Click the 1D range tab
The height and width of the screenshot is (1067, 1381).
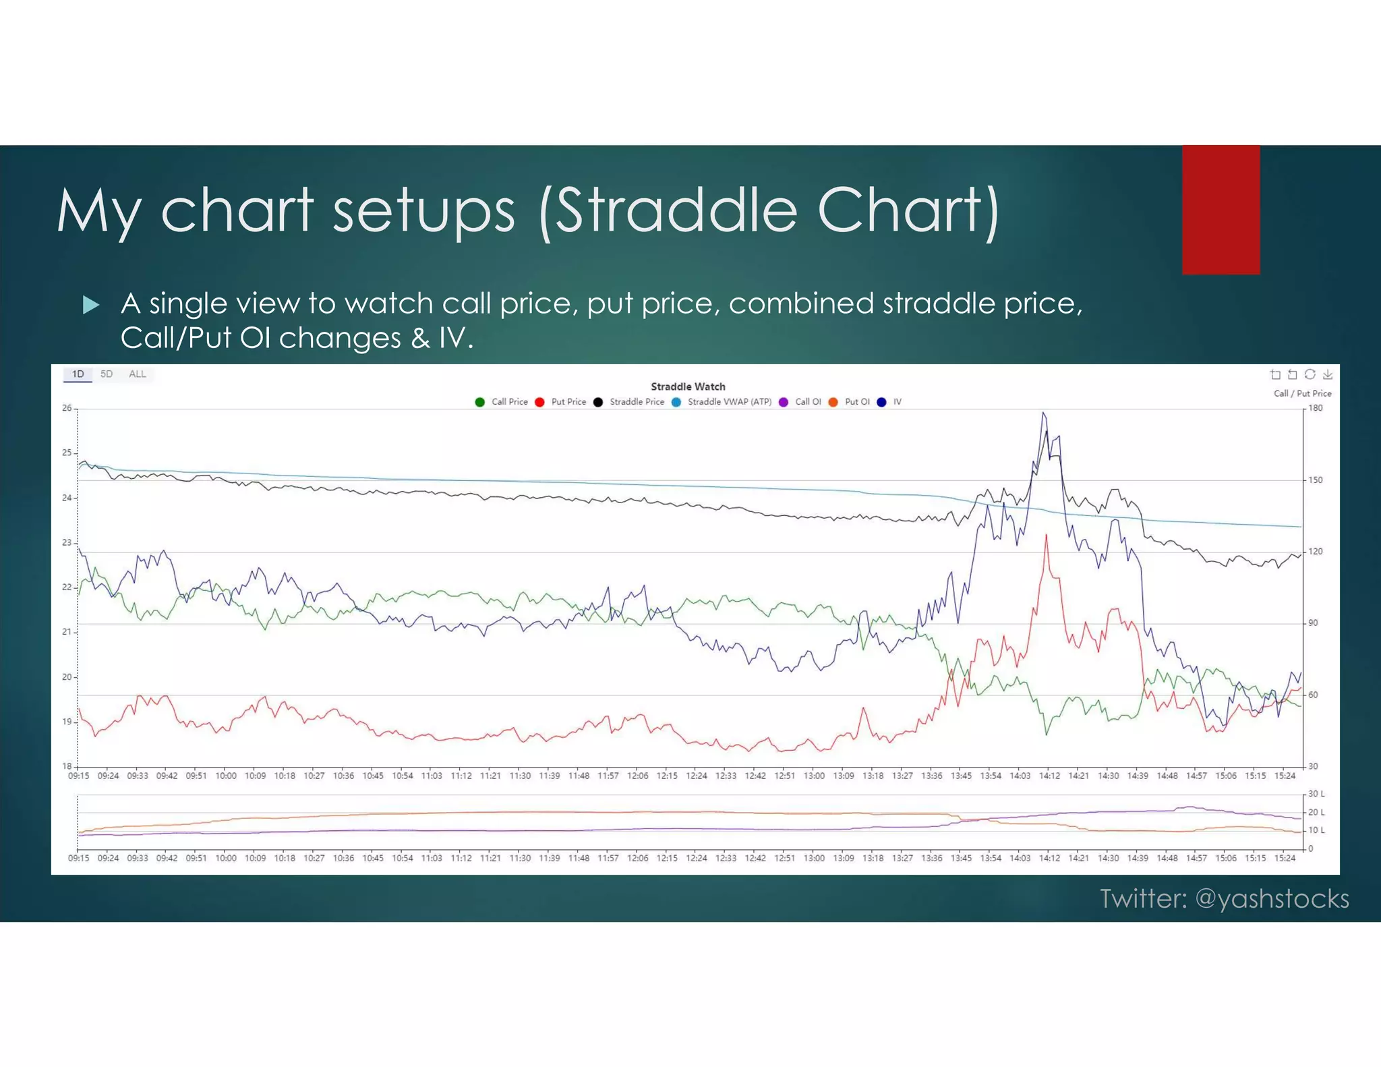click(78, 374)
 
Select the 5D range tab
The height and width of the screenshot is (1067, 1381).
click(107, 374)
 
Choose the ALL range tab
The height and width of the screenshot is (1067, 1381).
click(137, 374)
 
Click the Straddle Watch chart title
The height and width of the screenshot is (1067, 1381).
click(688, 386)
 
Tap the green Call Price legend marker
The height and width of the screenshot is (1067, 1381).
click(479, 402)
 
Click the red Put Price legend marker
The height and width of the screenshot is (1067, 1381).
click(539, 402)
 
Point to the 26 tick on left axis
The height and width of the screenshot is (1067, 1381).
click(67, 408)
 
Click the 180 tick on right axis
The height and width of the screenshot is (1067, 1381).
click(1315, 408)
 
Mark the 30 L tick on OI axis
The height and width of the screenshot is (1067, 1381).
click(1316, 794)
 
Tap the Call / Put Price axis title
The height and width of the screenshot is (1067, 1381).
click(1302, 393)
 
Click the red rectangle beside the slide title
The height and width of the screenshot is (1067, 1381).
click(1221, 210)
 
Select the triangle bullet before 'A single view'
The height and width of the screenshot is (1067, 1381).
click(90, 305)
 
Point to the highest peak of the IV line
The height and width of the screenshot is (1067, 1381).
click(1044, 413)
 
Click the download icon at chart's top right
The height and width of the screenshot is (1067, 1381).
click(1327, 374)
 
